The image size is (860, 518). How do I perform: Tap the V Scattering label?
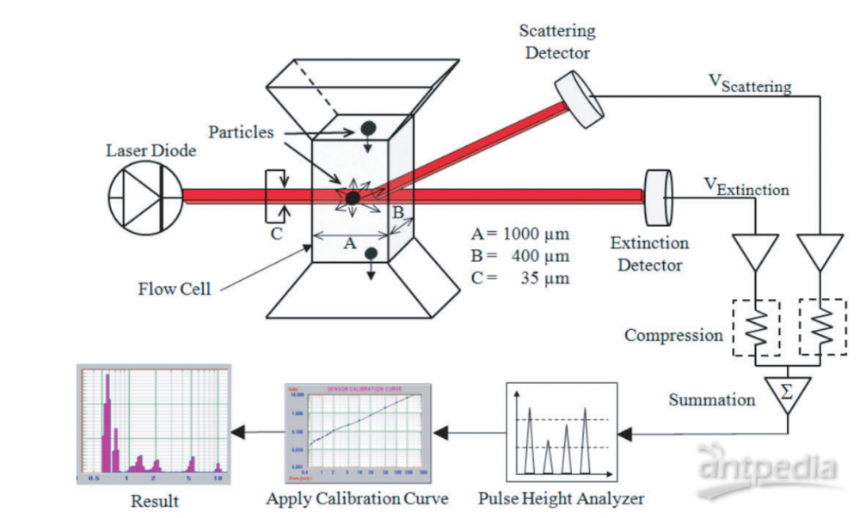click(748, 82)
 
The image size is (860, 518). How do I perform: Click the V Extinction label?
click(745, 186)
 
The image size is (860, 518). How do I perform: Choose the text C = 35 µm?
click(520, 277)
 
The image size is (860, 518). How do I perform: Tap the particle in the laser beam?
click(353, 198)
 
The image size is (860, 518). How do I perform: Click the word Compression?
click(673, 335)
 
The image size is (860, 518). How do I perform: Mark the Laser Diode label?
click(151, 151)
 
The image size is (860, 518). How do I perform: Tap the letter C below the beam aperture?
click(277, 232)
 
